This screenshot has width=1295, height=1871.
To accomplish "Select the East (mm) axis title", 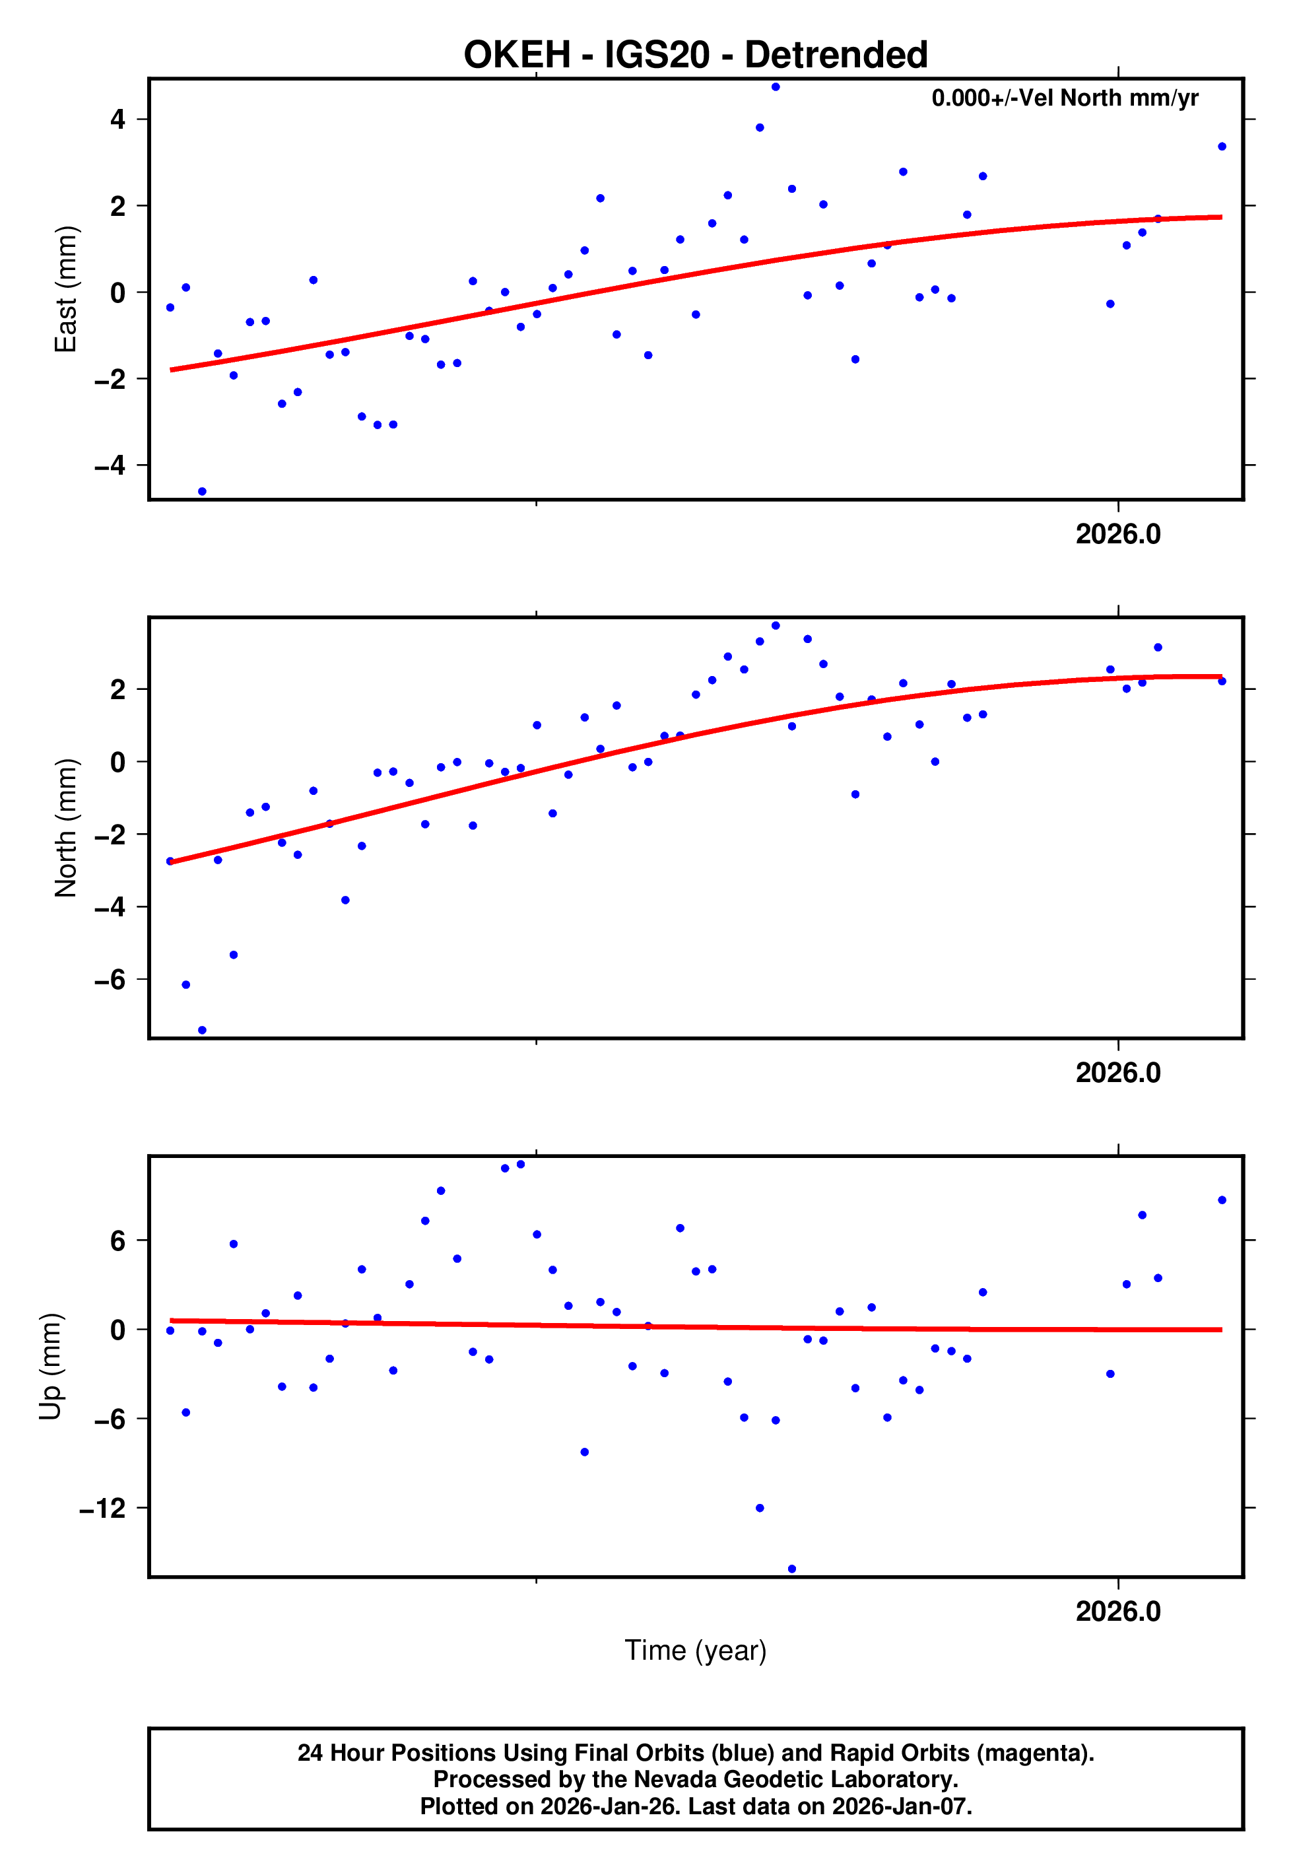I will coord(65,289).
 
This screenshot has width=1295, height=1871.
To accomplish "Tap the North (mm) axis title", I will coord(65,828).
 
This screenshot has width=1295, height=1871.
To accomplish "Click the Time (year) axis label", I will coord(696,1650).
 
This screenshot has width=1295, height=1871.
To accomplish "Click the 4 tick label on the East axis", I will coord(118,120).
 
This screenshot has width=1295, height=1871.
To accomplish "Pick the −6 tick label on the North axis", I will coord(110,980).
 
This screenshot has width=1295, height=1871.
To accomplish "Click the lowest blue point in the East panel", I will coord(202,492).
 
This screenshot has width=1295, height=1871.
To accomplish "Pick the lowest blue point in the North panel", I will coord(202,1031).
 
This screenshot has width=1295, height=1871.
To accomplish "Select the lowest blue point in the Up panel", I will coord(791,1569).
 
